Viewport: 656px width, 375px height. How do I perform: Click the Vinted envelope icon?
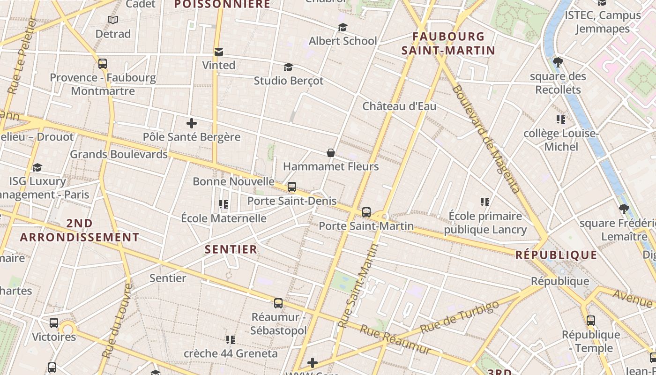point(219,52)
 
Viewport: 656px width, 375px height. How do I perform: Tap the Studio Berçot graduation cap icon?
point(288,67)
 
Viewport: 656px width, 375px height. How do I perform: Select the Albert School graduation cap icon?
point(343,28)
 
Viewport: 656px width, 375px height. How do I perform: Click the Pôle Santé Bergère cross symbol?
point(191,124)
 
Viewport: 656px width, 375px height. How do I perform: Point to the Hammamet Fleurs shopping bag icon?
point(331,153)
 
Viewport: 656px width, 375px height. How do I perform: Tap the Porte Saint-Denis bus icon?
point(292,187)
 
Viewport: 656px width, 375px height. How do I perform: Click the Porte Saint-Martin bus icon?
point(366,212)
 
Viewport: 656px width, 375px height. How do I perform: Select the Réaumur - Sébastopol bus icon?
point(278,303)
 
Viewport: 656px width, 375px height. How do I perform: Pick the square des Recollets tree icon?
point(558,62)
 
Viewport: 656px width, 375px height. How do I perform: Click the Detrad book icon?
point(113,20)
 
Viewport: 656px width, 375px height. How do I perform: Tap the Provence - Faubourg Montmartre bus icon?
point(103,64)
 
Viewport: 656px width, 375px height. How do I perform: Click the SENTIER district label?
point(231,249)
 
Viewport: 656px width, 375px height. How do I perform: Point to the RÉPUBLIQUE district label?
point(556,255)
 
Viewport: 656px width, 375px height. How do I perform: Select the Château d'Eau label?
point(399,106)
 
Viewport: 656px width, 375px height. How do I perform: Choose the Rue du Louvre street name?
point(117,321)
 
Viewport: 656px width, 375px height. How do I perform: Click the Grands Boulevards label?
point(119,154)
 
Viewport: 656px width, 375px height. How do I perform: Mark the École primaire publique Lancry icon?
point(485,202)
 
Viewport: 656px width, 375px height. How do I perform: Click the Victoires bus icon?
point(54,323)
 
